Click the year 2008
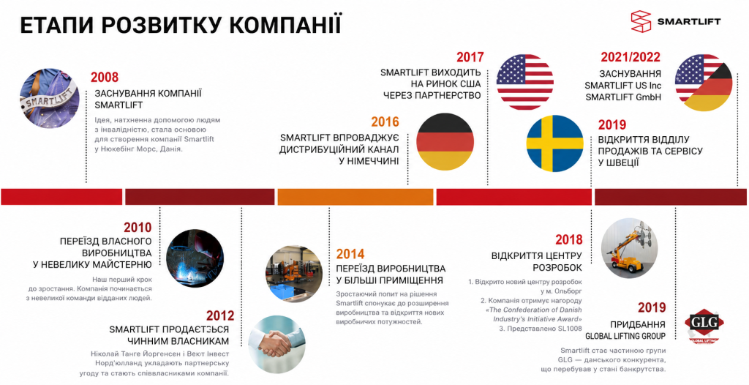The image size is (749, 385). point(104,77)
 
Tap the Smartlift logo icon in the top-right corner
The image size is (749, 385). point(641,21)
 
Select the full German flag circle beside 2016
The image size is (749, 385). point(445,142)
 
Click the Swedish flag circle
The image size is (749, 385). point(554,143)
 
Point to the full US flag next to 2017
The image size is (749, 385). point(525,82)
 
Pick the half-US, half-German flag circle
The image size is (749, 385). point(704,83)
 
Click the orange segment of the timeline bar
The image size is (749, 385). point(355,197)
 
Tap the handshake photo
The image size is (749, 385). point(276,344)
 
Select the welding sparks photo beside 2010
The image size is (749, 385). point(195,258)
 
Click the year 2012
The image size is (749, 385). point(220,315)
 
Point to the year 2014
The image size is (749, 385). point(350,254)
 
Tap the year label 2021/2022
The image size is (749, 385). point(631,57)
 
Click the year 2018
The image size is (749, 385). point(569,239)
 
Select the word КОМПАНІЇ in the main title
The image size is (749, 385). point(286,25)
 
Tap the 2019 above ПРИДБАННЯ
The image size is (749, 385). point(652,307)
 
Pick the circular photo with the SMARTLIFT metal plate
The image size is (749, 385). point(50,97)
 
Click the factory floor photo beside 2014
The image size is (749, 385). point(294,274)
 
